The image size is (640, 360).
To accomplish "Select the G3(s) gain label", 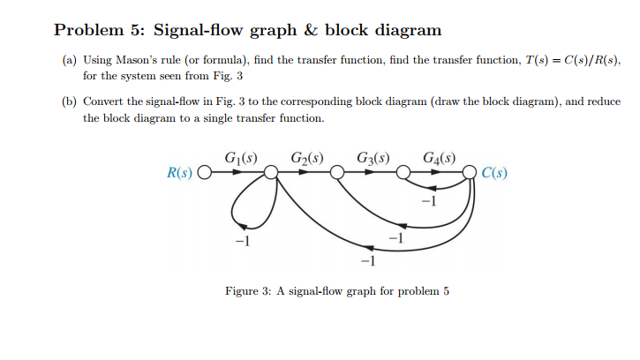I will [374, 159].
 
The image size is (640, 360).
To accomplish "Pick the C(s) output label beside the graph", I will [494, 172].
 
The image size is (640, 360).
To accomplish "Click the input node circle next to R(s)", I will [205, 173].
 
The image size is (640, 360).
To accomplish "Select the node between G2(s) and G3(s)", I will [335, 173].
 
